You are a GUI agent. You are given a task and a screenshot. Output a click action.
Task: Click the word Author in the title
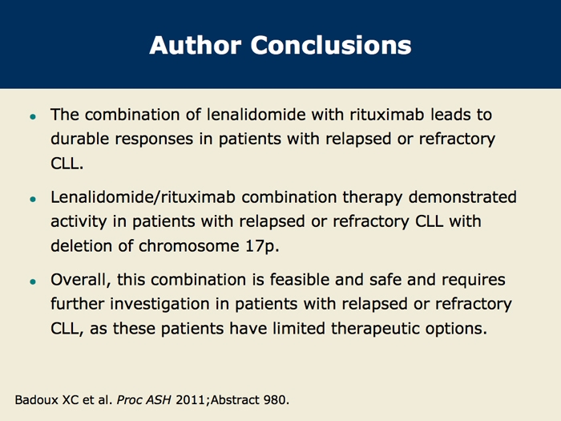pos(196,45)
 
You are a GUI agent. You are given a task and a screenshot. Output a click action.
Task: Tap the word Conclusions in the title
pos(331,45)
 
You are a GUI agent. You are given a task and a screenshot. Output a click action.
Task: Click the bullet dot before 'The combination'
pos(34,116)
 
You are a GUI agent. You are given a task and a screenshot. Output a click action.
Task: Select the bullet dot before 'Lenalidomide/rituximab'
pos(34,199)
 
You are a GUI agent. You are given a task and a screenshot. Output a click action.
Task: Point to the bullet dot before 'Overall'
pos(34,281)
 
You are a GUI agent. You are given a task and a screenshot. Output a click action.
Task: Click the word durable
pos(79,139)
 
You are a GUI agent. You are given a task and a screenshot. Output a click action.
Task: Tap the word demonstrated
pos(462,197)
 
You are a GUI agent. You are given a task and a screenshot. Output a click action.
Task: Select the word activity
pos(79,222)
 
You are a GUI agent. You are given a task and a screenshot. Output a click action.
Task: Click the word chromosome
pos(189,246)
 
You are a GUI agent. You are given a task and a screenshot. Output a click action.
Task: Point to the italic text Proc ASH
pos(143,400)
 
